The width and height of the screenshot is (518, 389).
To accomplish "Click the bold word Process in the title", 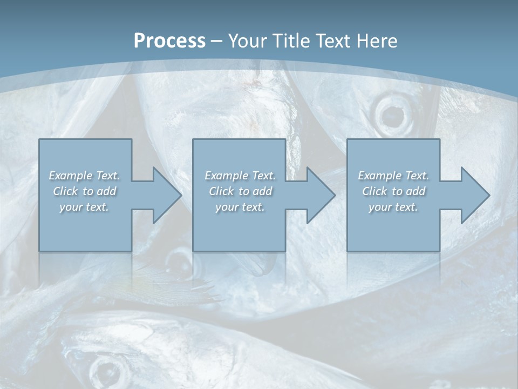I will (169, 41).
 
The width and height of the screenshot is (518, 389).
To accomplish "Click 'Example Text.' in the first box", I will (85, 176).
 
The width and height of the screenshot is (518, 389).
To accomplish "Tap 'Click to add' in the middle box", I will (240, 191).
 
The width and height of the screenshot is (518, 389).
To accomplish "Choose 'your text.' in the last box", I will (393, 207).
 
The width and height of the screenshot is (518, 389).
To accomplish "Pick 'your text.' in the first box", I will (85, 207).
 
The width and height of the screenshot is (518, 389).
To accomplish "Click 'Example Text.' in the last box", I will (393, 176).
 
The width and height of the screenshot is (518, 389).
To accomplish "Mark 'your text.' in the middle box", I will (240, 207).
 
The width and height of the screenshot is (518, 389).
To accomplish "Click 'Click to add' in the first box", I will (85, 191).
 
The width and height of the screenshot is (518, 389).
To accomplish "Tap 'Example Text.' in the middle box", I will (240, 176).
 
